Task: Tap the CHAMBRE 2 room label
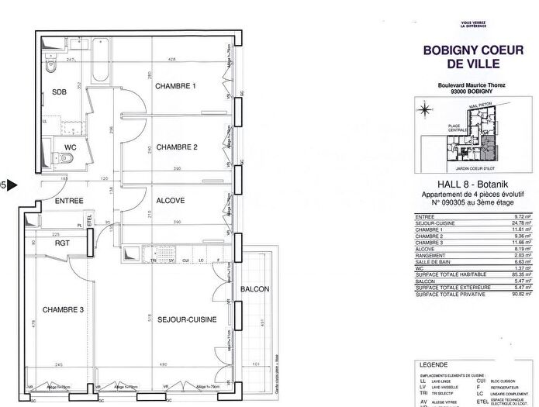pyautogui.click(x=177, y=147)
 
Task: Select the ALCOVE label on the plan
pyautogui.click(x=171, y=200)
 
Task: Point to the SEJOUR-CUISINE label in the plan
pyautogui.click(x=187, y=318)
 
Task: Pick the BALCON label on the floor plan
pyautogui.click(x=255, y=289)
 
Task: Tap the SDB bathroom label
pyautogui.click(x=60, y=92)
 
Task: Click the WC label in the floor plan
pyautogui.click(x=70, y=146)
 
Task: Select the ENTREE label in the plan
pyautogui.click(x=69, y=201)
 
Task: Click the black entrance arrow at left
pyautogui.click(x=12, y=185)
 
